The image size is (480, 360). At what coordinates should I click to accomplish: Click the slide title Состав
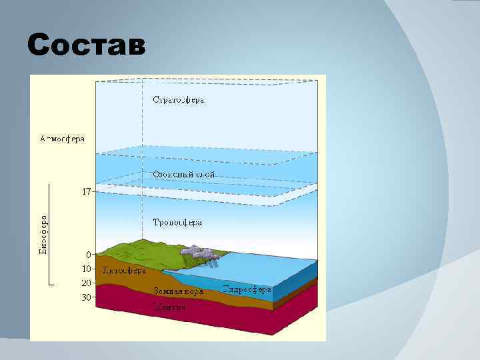pyautogui.click(x=85, y=45)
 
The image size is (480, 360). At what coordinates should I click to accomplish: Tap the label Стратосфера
pyautogui.click(x=179, y=100)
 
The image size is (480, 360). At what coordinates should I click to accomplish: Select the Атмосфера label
pyautogui.click(x=63, y=139)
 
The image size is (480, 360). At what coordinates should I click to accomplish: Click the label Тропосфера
pyautogui.click(x=177, y=222)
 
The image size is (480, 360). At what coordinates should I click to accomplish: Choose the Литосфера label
pyautogui.click(x=124, y=271)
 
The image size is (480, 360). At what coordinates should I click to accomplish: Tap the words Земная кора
pyautogui.click(x=177, y=291)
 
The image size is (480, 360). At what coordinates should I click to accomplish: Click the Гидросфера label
pyautogui.click(x=246, y=290)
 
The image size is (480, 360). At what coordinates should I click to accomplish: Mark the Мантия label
pyautogui.click(x=170, y=307)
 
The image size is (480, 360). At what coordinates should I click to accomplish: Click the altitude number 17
pyautogui.click(x=86, y=191)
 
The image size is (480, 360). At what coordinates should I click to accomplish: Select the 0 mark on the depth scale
pyautogui.click(x=88, y=254)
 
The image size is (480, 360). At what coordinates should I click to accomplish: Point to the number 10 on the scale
pyautogui.click(x=87, y=269)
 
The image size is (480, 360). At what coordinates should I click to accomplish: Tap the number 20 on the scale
pyautogui.click(x=87, y=283)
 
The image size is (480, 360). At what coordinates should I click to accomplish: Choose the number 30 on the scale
pyautogui.click(x=87, y=297)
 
